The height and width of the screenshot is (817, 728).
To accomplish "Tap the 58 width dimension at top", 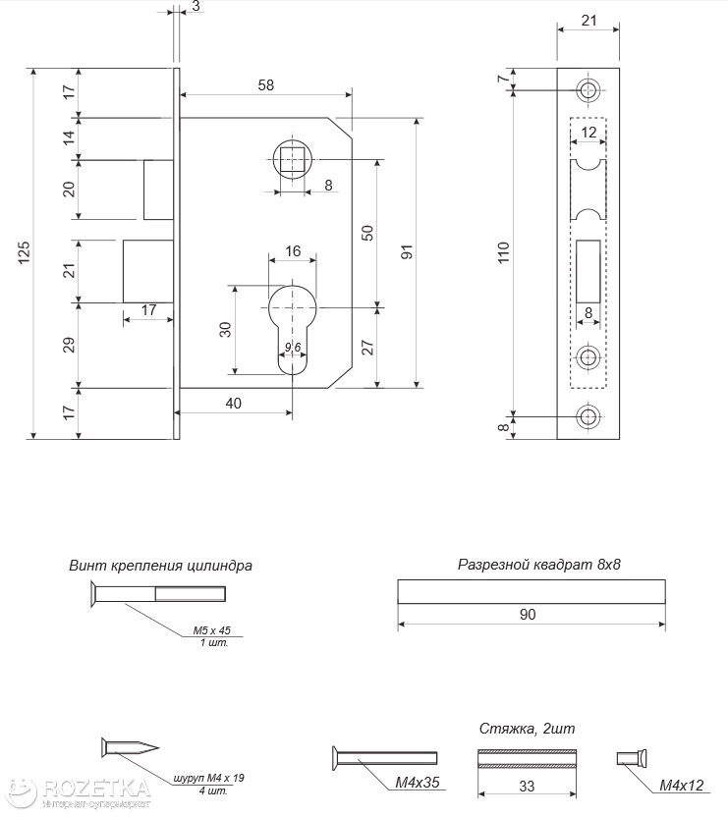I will [265, 85].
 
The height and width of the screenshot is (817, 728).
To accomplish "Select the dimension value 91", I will [407, 252].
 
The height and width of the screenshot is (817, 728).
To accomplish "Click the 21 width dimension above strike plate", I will [588, 20].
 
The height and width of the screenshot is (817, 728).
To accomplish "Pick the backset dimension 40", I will [234, 404].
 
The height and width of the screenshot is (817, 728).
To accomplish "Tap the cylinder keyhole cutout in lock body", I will [293, 324].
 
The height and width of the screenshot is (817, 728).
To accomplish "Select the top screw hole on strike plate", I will [588, 91].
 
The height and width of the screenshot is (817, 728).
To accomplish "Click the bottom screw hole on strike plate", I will [588, 415].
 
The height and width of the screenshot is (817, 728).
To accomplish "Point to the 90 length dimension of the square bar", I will [528, 615].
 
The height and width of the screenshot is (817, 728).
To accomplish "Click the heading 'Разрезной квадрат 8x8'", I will [539, 565].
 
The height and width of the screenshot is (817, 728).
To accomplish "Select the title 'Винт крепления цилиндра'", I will [160, 566].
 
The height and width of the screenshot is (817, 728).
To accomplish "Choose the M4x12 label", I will [681, 785].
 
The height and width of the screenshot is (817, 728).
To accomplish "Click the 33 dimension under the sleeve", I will [528, 785].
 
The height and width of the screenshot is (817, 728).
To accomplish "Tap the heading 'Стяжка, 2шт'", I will [527, 729].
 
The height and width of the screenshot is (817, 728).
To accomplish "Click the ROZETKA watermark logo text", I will [93, 789].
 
